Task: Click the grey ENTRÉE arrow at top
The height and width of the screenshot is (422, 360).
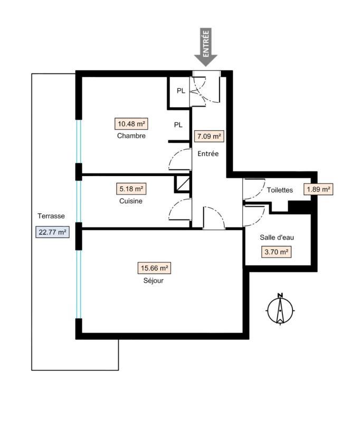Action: click(205, 47)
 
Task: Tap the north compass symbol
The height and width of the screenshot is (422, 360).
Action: click(280, 309)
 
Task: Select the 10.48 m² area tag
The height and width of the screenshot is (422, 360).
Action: click(131, 124)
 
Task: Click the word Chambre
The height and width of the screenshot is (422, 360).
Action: click(131, 136)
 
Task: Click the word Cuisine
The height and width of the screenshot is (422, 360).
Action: click(131, 201)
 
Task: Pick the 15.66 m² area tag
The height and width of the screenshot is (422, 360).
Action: click(155, 268)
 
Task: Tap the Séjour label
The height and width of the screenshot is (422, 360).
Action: click(155, 281)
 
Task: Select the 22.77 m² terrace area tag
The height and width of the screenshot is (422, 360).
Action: click(52, 232)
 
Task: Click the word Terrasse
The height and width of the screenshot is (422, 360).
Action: click(51, 216)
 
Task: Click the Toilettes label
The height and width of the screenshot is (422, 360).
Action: click(280, 190)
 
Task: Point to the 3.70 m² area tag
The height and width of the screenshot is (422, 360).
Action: click(276, 252)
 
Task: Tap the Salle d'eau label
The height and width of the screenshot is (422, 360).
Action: click(277, 238)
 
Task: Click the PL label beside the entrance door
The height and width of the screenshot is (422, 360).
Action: click(181, 91)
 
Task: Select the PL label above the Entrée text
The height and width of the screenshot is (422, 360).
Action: click(178, 125)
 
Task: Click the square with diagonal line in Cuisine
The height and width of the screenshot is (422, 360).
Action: click(182, 184)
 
